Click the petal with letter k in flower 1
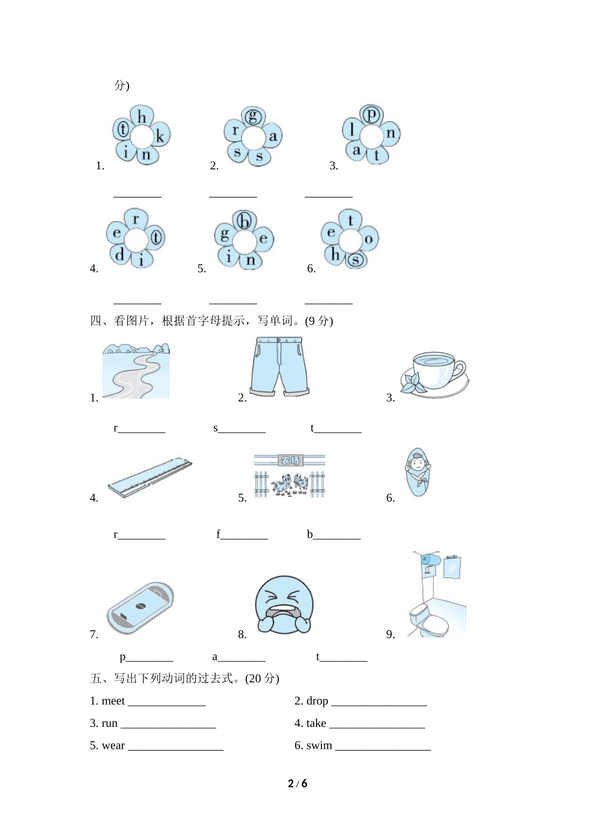[x=160, y=137]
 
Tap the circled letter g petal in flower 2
[x=253, y=116]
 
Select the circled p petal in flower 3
[x=371, y=115]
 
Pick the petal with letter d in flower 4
[x=119, y=254]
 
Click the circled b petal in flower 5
[x=244, y=221]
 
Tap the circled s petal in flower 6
[x=355, y=259]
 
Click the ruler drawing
[x=150, y=479]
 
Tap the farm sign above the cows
[x=290, y=461]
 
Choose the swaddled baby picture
[x=417, y=472]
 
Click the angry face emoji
[x=284, y=605]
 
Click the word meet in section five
[x=113, y=701]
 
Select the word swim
[x=319, y=746]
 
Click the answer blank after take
[x=376, y=724]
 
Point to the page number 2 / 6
[x=297, y=784]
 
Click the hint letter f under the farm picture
[x=218, y=534]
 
